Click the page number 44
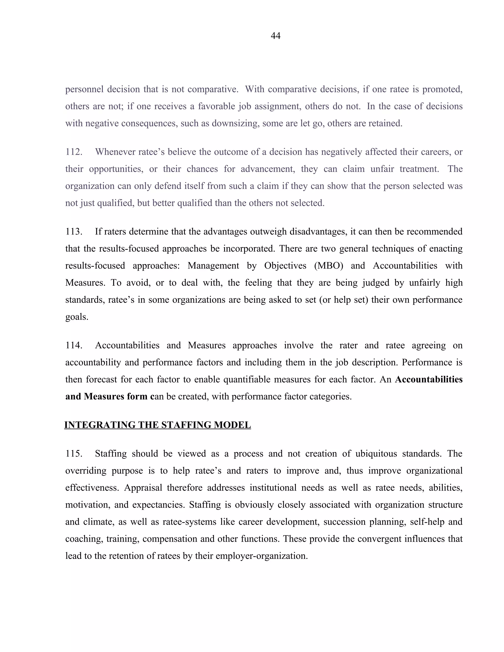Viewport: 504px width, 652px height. [x=275, y=36]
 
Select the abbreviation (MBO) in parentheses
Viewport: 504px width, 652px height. [x=329, y=266]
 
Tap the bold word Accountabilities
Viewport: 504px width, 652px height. [x=429, y=379]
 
